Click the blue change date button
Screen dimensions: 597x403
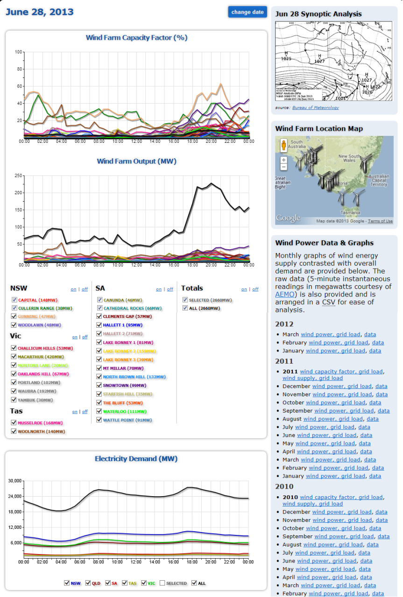click(x=247, y=12)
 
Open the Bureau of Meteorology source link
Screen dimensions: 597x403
click(x=315, y=108)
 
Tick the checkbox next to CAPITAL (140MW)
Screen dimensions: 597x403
click(x=14, y=300)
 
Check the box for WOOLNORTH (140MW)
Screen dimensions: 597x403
click(x=14, y=431)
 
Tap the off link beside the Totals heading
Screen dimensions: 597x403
click(x=255, y=289)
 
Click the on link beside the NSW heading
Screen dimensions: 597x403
click(x=74, y=289)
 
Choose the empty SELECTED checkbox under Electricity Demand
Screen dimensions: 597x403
click(x=163, y=583)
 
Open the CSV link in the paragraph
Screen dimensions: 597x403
click(x=327, y=302)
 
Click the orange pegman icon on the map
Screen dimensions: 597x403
click(x=283, y=145)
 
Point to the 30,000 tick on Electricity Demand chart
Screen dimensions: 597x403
click(x=15, y=481)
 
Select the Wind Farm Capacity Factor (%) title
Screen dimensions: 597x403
click(x=136, y=38)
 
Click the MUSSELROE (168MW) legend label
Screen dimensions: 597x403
click(x=40, y=423)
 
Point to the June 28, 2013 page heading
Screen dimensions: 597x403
click(x=40, y=12)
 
